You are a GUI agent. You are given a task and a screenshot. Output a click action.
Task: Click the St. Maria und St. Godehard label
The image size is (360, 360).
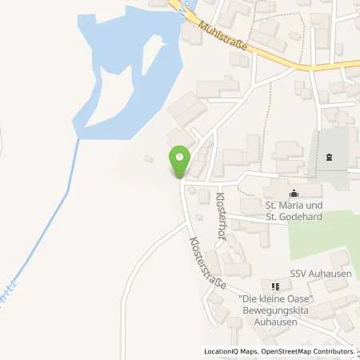click(x=295, y=210)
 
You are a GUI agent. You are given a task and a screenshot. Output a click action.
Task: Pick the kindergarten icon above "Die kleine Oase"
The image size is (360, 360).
click(x=275, y=286)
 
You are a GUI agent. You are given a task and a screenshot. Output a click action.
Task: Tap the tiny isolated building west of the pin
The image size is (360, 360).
click(x=149, y=159)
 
